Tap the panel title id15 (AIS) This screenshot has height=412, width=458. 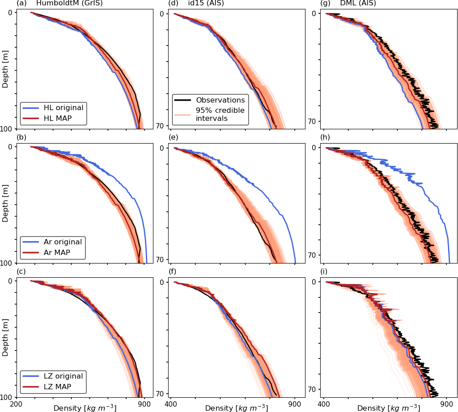tap(206, 4)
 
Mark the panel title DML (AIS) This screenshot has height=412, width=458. tap(358, 4)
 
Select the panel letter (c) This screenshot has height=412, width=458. tap(21, 272)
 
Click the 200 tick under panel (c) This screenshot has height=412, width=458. tap(16, 404)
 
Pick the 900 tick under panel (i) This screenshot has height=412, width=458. tap(446, 404)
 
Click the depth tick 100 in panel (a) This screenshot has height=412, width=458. tap(7, 129)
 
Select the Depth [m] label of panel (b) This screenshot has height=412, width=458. tap(5, 203)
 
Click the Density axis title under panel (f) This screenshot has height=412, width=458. tap(236, 408)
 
